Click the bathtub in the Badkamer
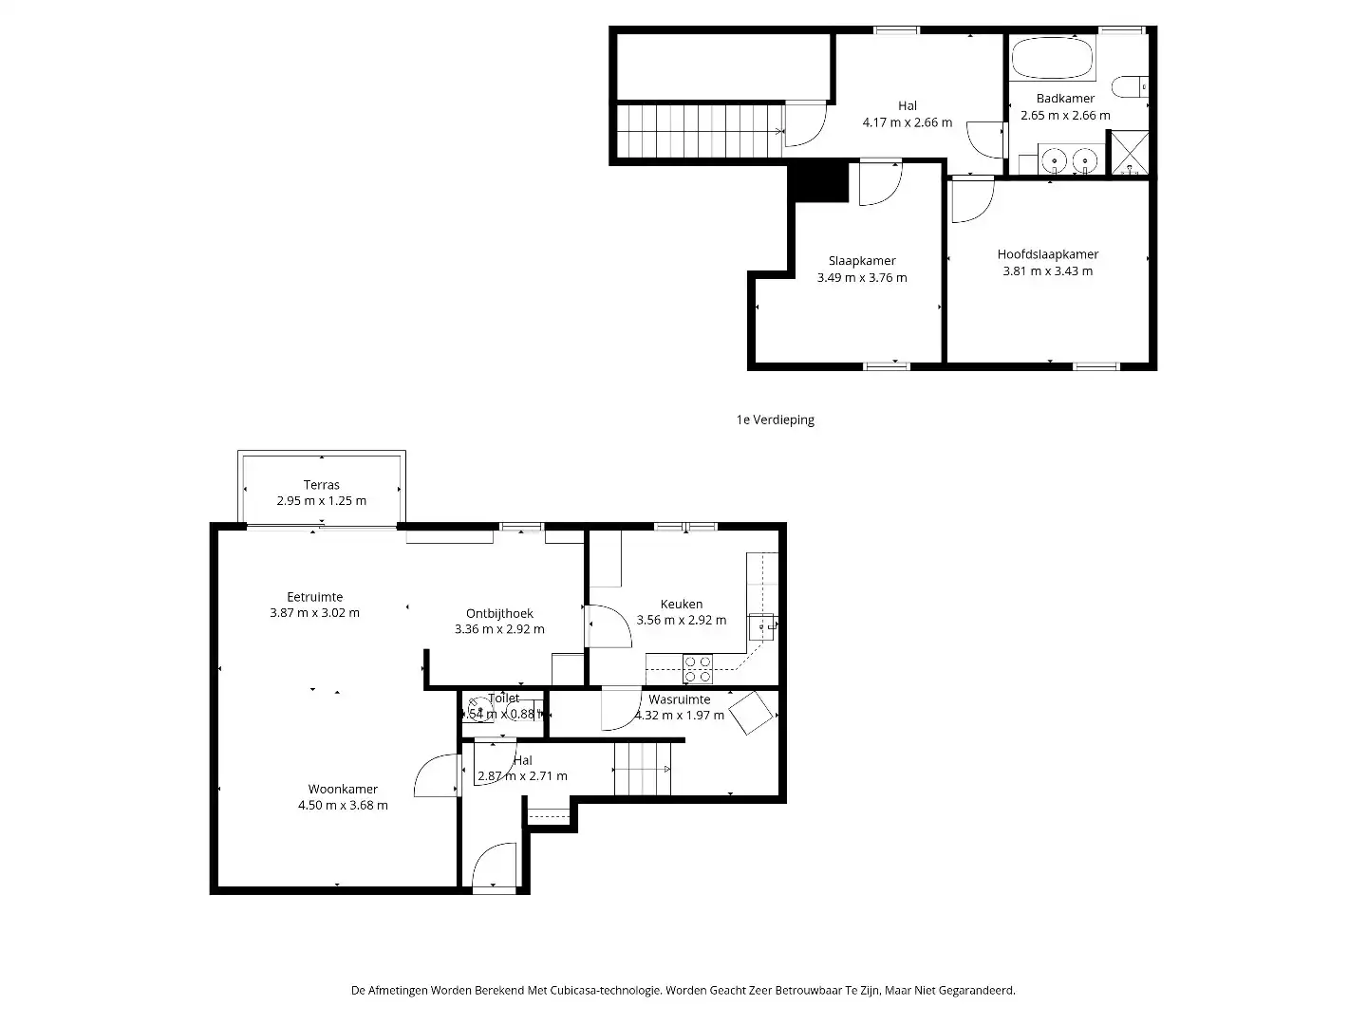coord(1052,58)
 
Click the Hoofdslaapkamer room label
coord(1047,254)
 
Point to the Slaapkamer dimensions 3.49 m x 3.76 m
coord(861,278)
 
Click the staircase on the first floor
coord(701,130)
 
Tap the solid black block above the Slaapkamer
coord(819,181)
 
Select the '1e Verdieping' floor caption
coord(775,419)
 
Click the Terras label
coord(321,485)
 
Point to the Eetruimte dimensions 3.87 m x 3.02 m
coord(314,613)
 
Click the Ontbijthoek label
coord(499,613)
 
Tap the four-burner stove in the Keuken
coord(698,669)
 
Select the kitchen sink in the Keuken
coord(762,626)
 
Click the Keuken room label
coord(682,604)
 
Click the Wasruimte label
coord(679,699)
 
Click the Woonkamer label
coord(343,789)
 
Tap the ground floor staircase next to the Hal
coord(642,768)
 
